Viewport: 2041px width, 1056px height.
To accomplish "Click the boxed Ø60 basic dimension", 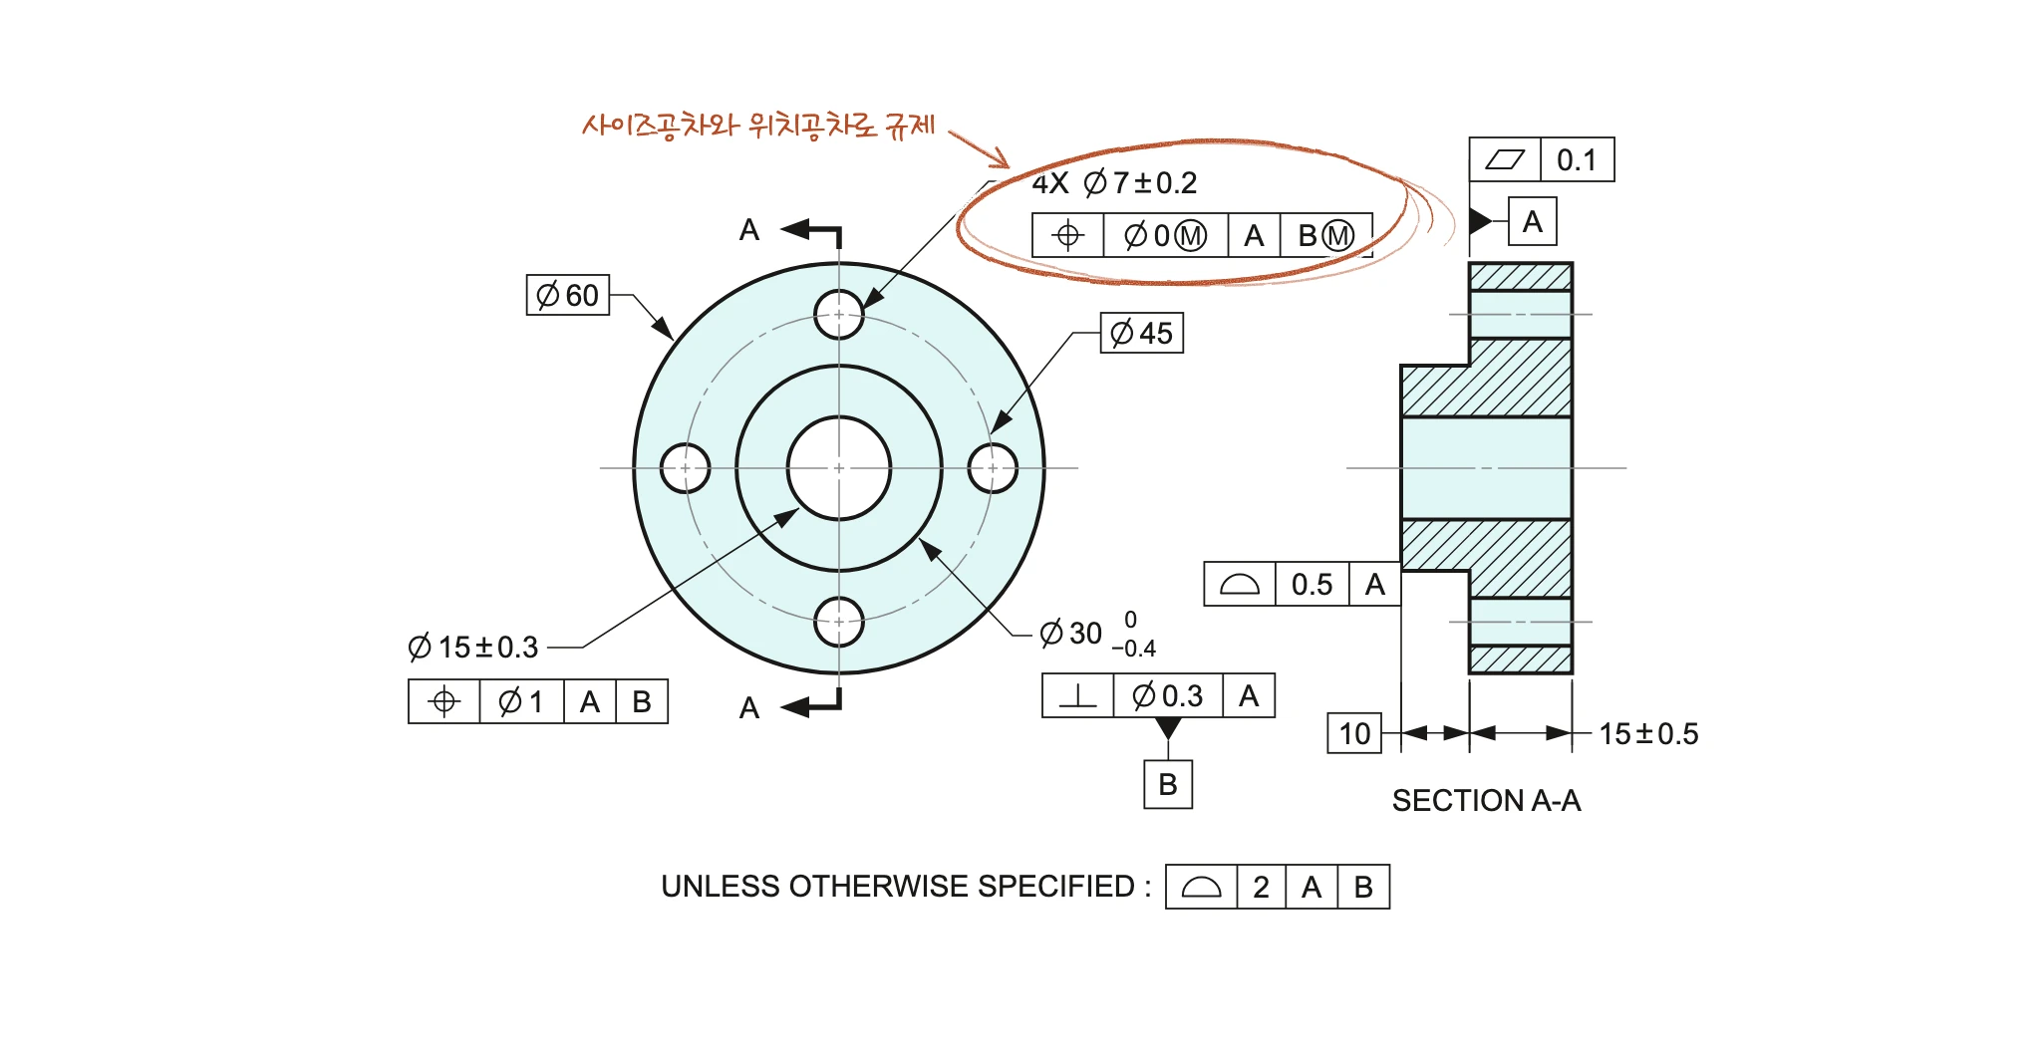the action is click(568, 295).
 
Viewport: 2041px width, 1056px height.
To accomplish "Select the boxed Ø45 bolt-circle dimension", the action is click(1142, 333).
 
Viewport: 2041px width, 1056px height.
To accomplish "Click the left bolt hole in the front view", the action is click(686, 468).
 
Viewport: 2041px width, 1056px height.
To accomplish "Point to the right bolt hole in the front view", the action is click(993, 468).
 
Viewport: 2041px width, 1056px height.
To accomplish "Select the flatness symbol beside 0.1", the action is click(1505, 159).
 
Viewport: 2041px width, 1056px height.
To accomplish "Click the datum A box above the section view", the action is click(1533, 221).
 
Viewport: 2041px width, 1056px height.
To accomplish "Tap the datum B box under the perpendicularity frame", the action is click(1168, 785).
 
